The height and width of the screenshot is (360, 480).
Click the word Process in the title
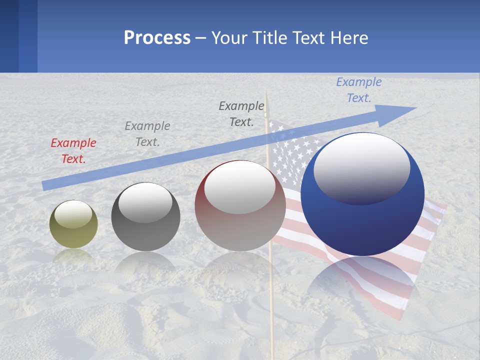tap(157, 38)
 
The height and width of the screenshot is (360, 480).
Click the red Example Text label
tap(73, 150)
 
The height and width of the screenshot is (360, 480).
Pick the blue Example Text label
tap(358, 90)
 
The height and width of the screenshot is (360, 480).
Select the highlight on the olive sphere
tap(73, 214)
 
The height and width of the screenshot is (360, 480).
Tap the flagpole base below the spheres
tap(271, 320)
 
